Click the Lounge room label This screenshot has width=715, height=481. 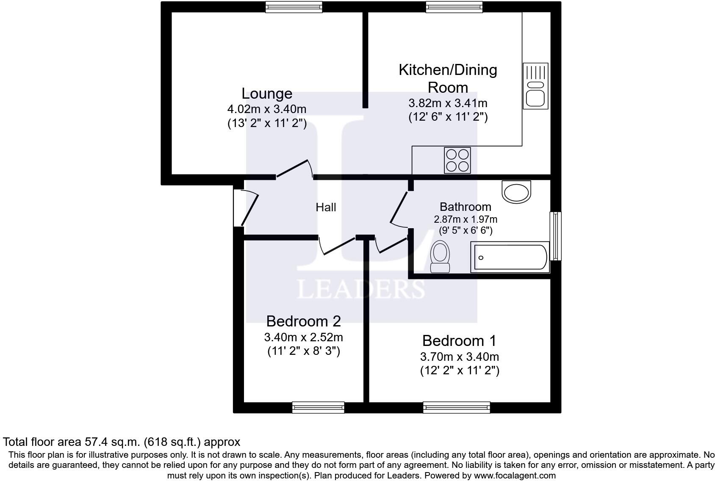coord(267,94)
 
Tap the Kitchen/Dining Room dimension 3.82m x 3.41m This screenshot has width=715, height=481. coord(448,103)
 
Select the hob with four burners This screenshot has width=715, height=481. coord(457,160)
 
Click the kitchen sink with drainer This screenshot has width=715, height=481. coord(535,86)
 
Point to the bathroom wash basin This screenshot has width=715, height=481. coord(516,191)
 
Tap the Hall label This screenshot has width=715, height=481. coord(326,207)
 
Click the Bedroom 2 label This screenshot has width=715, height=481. coord(303,321)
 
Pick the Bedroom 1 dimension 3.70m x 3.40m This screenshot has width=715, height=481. coord(460,357)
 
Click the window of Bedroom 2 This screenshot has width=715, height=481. coord(318,407)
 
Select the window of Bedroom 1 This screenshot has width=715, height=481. coord(457,407)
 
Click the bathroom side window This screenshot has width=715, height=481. coord(555,236)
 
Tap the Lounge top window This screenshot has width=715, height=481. coord(294,7)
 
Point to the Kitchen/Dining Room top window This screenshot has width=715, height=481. coord(454,7)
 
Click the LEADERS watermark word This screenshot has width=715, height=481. coord(360,289)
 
